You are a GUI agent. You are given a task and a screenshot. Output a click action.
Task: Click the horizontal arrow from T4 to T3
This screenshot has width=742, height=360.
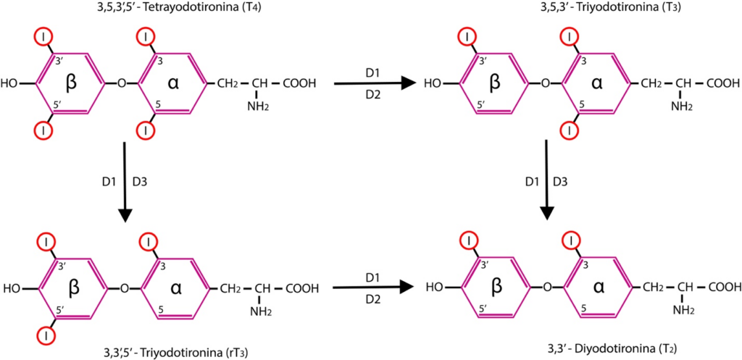click(x=376, y=84)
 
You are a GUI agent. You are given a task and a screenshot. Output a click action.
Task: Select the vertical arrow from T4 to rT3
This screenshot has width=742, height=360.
click(x=125, y=181)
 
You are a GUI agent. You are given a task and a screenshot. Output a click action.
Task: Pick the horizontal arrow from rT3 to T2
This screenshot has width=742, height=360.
click(x=376, y=288)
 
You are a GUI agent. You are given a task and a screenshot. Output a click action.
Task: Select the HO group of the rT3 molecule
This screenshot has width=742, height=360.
click(x=12, y=288)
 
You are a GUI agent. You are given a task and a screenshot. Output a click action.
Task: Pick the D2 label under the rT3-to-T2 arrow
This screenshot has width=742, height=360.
click(x=373, y=300)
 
